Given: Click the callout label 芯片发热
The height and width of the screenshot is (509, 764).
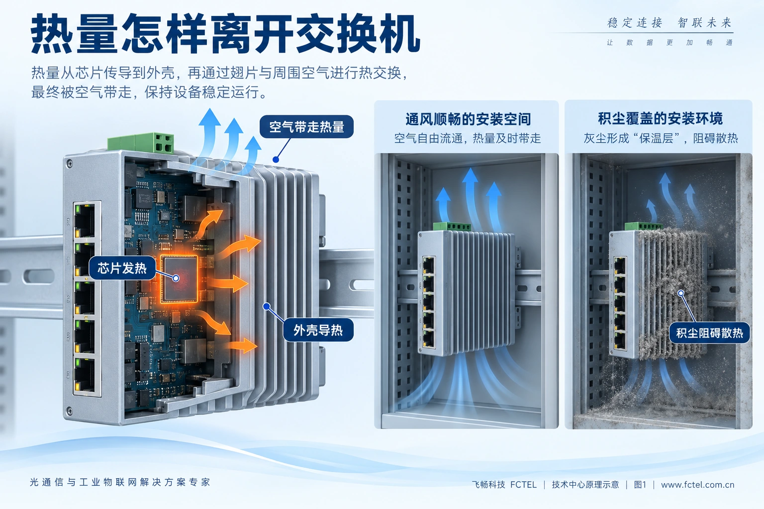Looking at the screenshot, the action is (122, 268).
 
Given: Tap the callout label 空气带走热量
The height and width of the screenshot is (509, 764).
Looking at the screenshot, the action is (306, 127).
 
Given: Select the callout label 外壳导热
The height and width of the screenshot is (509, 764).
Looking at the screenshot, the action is (318, 330).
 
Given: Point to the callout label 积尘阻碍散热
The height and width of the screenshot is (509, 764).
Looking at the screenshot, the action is (709, 333).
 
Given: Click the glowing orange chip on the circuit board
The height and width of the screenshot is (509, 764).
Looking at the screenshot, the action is (179, 279).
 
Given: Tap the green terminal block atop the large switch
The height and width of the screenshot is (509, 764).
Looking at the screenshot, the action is (141, 143).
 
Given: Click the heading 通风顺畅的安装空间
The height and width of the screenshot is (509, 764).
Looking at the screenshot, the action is (468, 119).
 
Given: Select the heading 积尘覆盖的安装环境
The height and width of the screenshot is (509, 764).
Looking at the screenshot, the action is (661, 118).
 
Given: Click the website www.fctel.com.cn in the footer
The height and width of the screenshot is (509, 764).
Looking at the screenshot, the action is (697, 485).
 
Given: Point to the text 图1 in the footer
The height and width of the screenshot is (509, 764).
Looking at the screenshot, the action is (640, 485).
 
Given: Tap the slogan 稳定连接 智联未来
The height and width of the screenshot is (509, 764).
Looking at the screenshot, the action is (669, 22).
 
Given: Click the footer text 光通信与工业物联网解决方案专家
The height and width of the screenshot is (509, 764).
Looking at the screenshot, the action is (120, 482).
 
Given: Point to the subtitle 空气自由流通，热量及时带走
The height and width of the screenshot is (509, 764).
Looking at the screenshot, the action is (468, 138).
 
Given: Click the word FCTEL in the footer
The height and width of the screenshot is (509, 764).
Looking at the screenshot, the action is (523, 485).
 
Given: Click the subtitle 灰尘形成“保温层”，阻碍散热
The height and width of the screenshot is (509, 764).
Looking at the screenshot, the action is (661, 138).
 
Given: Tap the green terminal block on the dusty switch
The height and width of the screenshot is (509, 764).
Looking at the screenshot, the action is (643, 226).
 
